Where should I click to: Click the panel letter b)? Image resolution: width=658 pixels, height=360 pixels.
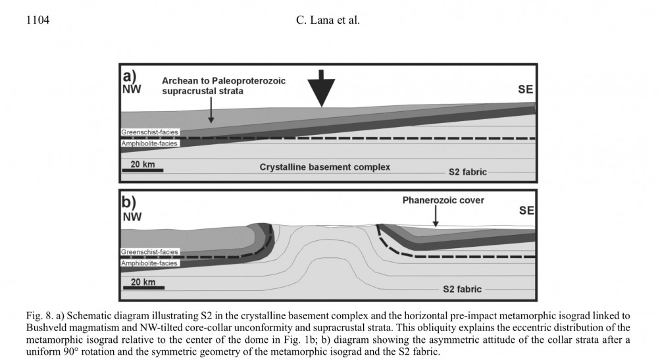click(x=130, y=201)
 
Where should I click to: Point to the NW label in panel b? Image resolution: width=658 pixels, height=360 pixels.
click(x=132, y=216)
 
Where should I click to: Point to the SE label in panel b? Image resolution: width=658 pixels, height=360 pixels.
click(x=526, y=211)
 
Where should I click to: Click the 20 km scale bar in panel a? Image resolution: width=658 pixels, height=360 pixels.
click(x=142, y=170)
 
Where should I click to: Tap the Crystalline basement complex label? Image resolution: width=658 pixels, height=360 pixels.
click(x=324, y=167)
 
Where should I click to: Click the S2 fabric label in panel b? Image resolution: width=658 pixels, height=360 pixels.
click(x=461, y=289)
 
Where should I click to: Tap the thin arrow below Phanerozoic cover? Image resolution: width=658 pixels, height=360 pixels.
click(x=435, y=216)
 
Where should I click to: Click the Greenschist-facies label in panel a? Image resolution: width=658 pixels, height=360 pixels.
click(x=149, y=132)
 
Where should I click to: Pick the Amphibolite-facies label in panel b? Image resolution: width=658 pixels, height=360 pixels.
click(x=149, y=263)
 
